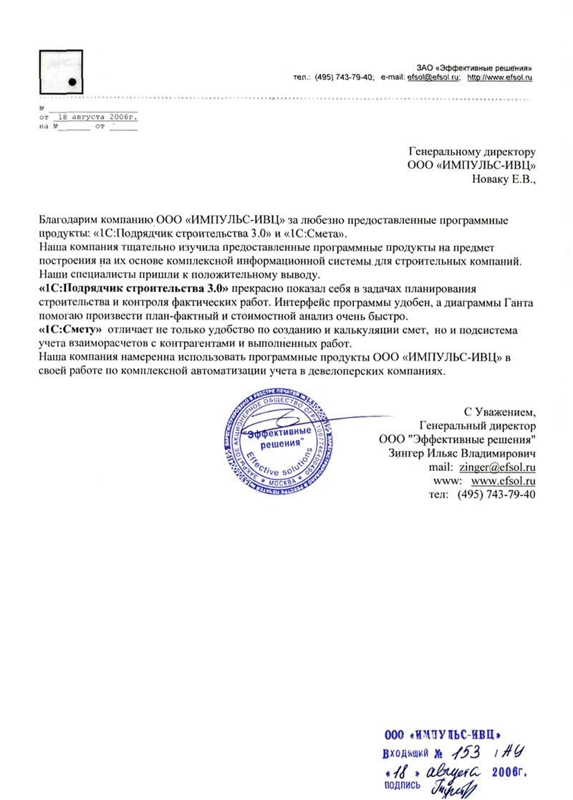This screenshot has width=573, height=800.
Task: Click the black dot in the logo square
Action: [72, 81]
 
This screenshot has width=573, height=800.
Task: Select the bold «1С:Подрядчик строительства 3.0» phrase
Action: [134, 287]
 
